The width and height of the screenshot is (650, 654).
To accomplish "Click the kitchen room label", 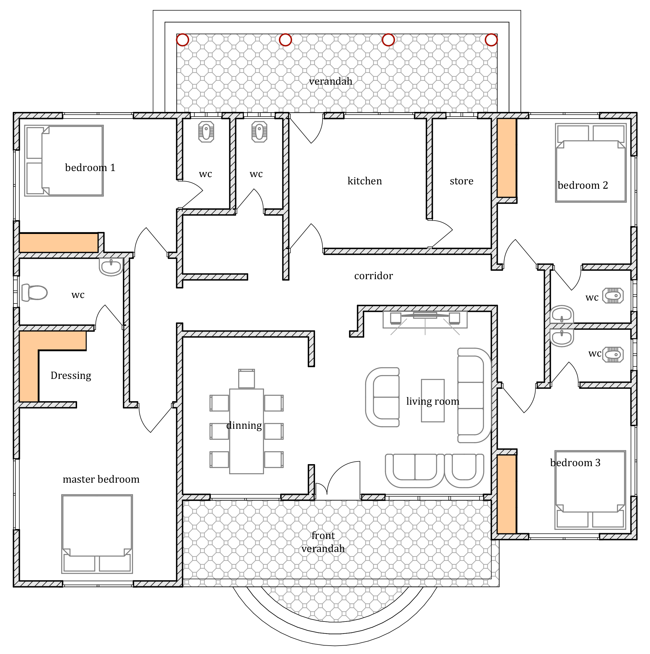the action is pos(365,181).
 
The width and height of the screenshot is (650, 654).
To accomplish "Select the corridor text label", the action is pos(373,276).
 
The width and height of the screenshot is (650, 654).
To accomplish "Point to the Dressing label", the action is pos(71,375).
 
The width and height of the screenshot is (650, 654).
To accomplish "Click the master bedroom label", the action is pos(101,479).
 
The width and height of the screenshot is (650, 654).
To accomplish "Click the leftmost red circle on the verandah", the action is pos(182,40).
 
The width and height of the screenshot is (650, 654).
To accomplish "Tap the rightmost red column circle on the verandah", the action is pos(491,40).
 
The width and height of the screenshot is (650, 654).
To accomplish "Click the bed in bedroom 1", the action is pos(64,161).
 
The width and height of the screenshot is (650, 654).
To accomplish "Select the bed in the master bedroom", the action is pos(97,534).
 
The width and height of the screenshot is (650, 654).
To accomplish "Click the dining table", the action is pos(246,431).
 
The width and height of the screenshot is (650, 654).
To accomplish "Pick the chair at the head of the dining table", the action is pos(246,378).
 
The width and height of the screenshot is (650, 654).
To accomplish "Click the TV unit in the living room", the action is pos(425,319).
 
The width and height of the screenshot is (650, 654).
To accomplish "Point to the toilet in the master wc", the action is pos(34,293).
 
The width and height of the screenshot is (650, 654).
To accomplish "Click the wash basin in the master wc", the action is pos(111,267).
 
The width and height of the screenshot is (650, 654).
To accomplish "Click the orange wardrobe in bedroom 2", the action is pos(507,158).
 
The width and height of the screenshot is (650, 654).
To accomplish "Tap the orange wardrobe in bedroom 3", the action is pos(507,494).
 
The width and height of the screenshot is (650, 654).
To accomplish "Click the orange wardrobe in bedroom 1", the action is pos(59,243).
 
